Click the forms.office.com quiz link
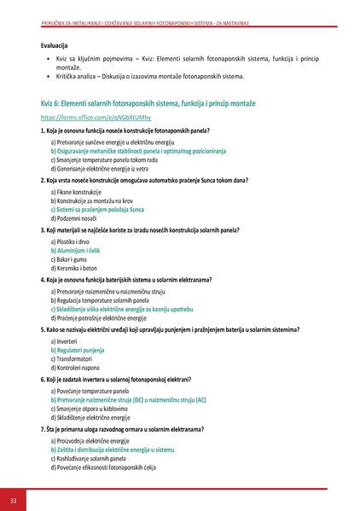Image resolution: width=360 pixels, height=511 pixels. [x=84, y=116]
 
